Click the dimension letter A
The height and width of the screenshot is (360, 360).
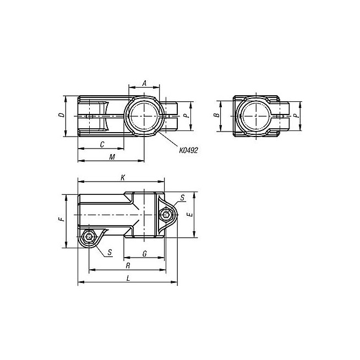144,83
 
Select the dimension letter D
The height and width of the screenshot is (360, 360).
62,115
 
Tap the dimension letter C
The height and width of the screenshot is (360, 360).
102,144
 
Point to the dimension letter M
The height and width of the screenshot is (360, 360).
112,157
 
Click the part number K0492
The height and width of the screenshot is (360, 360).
188,150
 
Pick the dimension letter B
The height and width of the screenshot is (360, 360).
216,115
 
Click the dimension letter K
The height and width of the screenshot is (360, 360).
123,177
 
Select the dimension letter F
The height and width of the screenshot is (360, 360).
62,219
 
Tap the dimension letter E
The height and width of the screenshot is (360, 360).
190,215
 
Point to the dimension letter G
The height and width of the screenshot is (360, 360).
145,254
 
